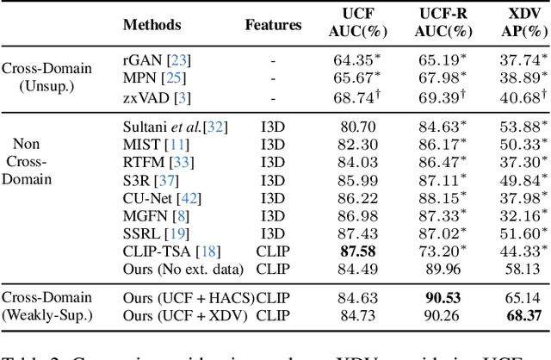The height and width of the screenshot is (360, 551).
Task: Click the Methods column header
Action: tap(152, 26)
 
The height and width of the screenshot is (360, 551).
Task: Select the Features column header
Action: tap(273, 26)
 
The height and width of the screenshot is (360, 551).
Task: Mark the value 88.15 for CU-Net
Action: tap(444, 199)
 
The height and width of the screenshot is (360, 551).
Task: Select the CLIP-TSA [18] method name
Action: tap(170, 251)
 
